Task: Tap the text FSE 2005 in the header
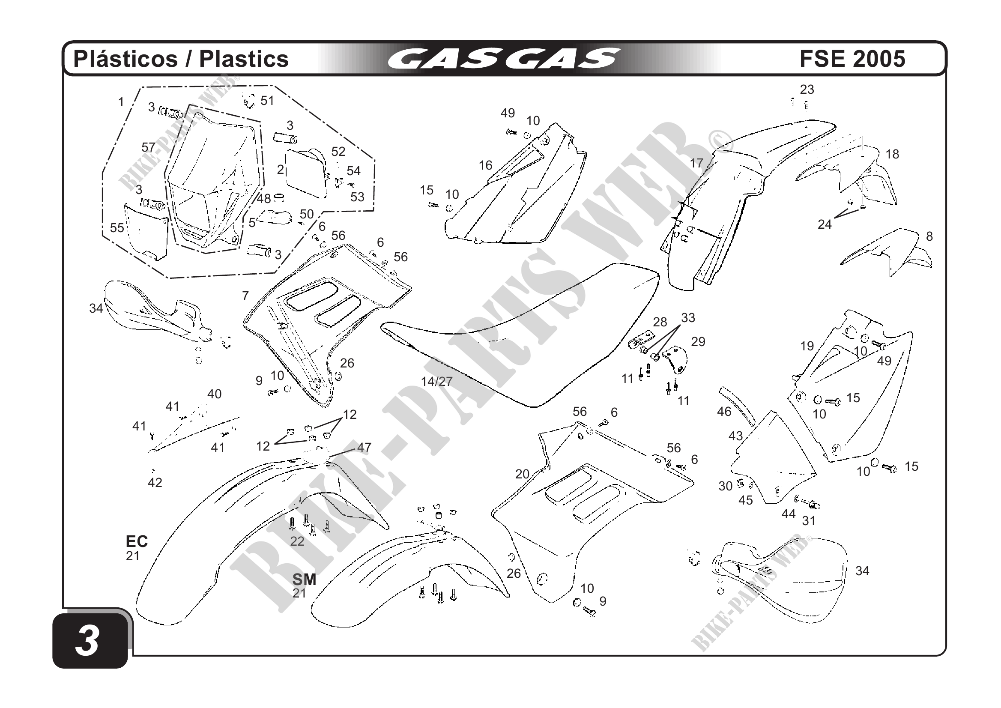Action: (x=852, y=59)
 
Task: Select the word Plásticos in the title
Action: (x=126, y=59)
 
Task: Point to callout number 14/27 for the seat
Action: (x=436, y=382)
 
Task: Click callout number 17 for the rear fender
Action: (x=696, y=163)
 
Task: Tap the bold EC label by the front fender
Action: (x=137, y=541)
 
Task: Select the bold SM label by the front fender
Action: (x=304, y=580)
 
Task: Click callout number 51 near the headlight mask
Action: (x=267, y=101)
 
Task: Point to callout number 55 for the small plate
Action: (x=117, y=227)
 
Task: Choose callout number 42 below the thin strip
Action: (x=155, y=483)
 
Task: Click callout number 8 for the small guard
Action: (x=929, y=236)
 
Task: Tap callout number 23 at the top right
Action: (x=807, y=90)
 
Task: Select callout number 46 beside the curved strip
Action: (x=724, y=412)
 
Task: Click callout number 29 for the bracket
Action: (x=698, y=342)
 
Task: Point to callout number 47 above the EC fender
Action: (x=364, y=447)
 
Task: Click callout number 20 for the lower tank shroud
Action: (x=522, y=474)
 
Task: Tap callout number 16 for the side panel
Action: (x=485, y=165)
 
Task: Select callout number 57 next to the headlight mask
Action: (x=148, y=147)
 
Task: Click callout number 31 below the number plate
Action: (x=809, y=520)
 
